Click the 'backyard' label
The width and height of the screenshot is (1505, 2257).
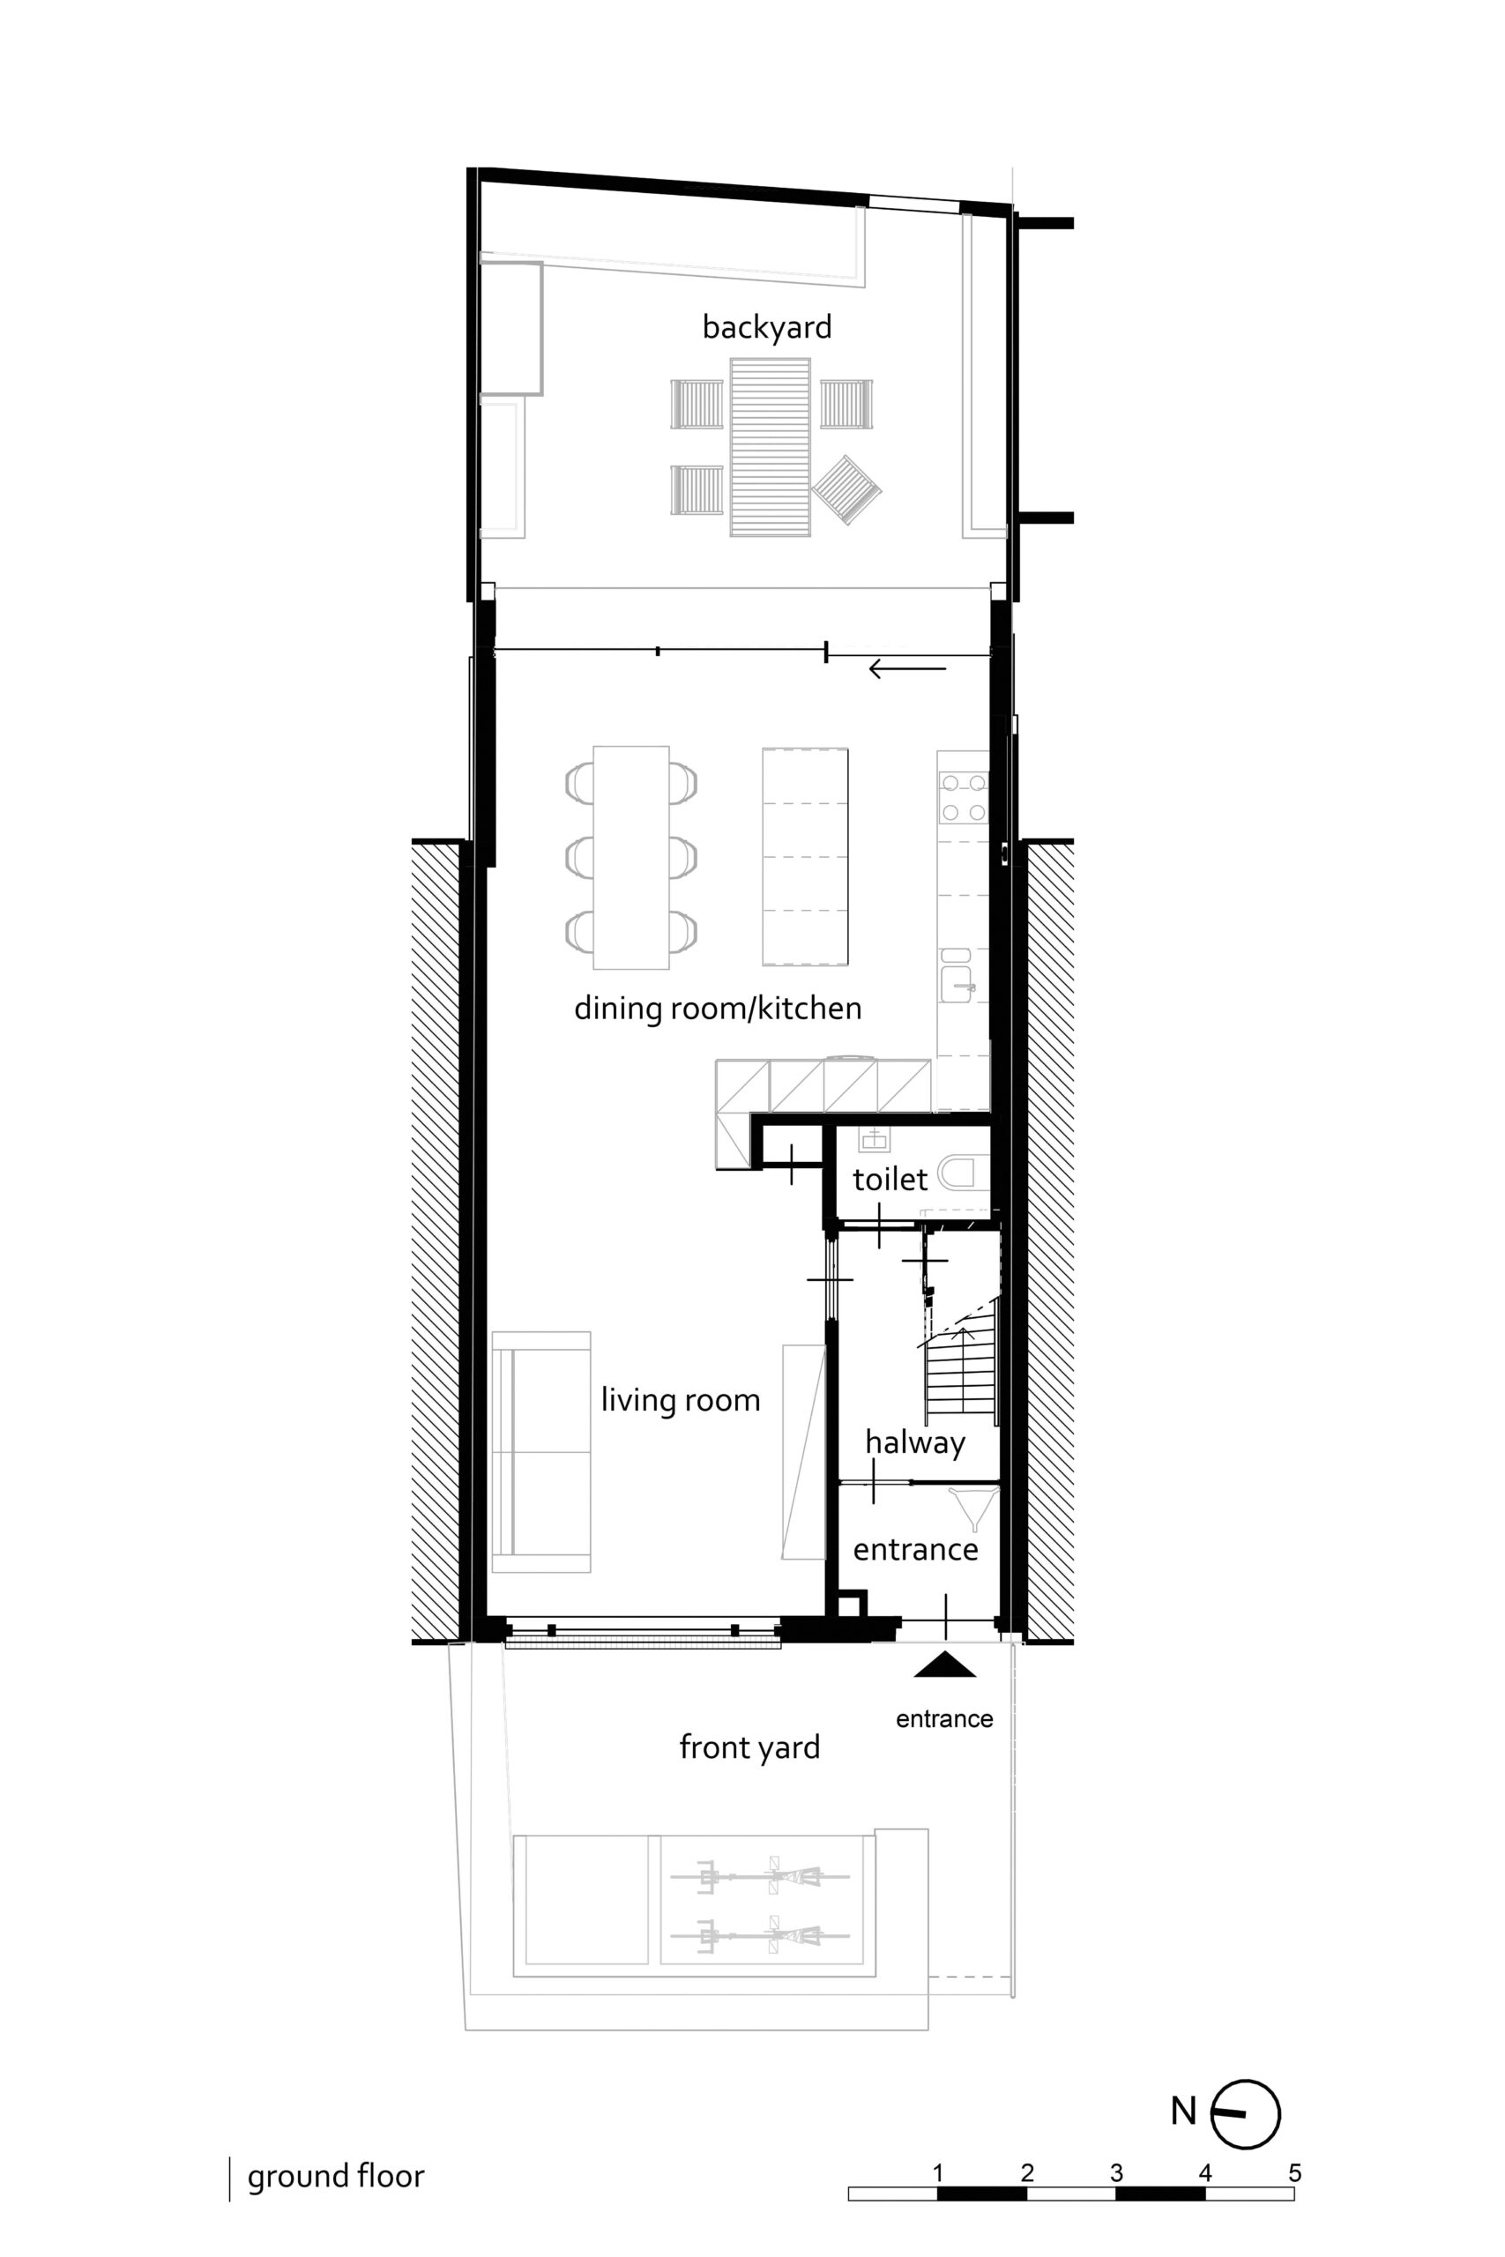pos(767,327)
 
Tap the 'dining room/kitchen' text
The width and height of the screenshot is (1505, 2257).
pos(718,1009)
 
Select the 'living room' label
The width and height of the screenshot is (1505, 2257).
pos(681,1400)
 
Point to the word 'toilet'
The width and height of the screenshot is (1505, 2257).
pos(890,1180)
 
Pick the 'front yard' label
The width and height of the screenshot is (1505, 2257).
pos(749,1747)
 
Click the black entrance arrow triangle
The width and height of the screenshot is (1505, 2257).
pos(944,1664)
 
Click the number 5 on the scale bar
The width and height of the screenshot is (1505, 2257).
pos(1295,2172)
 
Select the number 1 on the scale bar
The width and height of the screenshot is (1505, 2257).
pos(938,2172)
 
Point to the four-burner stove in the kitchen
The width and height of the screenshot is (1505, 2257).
pos(964,797)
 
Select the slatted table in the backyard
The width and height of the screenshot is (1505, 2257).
pos(770,447)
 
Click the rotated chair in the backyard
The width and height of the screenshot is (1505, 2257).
pos(846,489)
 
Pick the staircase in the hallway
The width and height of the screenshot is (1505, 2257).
pos(962,1369)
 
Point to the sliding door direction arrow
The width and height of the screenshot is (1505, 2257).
pos(907,669)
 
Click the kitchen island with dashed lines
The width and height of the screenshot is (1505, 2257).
pos(805,856)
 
